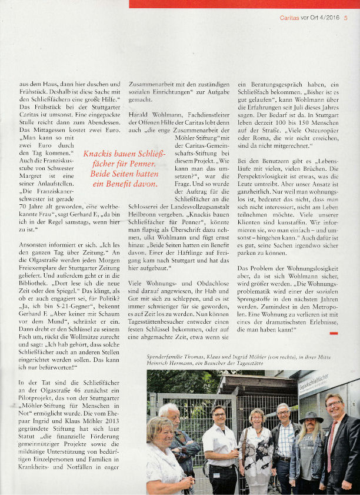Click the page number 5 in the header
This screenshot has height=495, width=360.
tap(346, 17)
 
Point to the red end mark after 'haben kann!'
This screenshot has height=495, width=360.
tap(334, 333)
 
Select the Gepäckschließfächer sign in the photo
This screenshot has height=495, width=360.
tap(315, 386)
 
